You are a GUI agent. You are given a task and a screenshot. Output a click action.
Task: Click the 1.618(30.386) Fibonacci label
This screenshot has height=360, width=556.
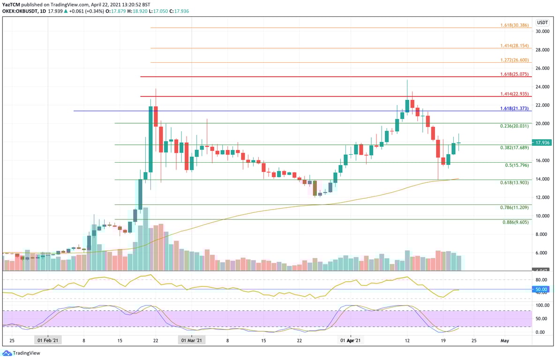(514, 25)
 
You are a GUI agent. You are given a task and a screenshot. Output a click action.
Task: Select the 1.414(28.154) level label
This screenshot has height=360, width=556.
(514, 46)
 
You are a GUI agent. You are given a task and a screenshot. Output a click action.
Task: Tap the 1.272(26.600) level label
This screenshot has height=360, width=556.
(514, 60)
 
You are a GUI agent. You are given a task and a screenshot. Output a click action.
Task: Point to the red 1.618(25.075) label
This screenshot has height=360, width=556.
(514, 74)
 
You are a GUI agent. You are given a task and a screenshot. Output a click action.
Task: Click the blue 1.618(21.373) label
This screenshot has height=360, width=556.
(514, 108)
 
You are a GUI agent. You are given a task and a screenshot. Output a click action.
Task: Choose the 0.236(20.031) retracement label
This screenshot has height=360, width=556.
(514, 126)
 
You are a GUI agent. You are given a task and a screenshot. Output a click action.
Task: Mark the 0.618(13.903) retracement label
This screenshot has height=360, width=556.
(514, 182)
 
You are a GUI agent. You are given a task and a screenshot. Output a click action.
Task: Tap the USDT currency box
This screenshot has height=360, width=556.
(542, 22)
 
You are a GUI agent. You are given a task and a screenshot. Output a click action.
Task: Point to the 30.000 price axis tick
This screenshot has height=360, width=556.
(542, 31)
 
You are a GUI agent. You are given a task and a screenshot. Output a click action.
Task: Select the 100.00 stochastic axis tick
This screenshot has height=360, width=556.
(542, 305)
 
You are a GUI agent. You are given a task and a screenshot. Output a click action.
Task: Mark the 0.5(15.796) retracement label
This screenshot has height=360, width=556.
(517, 165)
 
